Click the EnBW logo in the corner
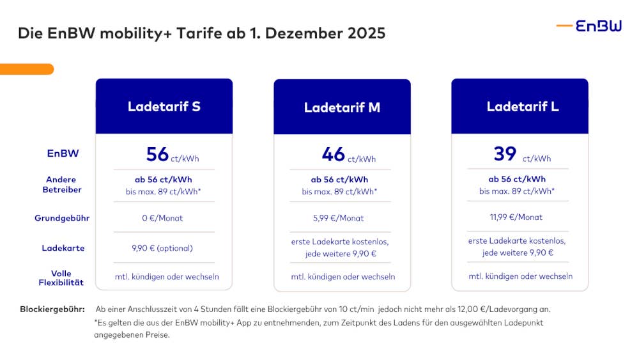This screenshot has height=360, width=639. tap(589, 26)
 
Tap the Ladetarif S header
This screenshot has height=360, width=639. tap(164, 106)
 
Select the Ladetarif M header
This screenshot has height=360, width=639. tap(342, 107)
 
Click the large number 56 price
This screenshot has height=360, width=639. tap(157, 155)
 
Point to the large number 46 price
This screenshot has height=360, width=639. tap(334, 155)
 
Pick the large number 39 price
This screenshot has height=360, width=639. tap(505, 155)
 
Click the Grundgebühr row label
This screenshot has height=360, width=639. tap(62, 218)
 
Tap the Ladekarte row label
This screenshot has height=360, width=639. tap(63, 248)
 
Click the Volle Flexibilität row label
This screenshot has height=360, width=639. tap(61, 278)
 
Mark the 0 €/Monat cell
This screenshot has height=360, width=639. tap(162, 218)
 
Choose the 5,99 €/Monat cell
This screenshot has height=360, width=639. tap(339, 218)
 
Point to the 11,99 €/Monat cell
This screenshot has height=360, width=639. tap(516, 217)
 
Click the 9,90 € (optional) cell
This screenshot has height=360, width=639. tap(162, 248)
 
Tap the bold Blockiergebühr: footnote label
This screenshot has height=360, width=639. tap(52, 309)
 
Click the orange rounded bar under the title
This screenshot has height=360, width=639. tap(27, 69)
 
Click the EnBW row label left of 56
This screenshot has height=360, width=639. tap(62, 154)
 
